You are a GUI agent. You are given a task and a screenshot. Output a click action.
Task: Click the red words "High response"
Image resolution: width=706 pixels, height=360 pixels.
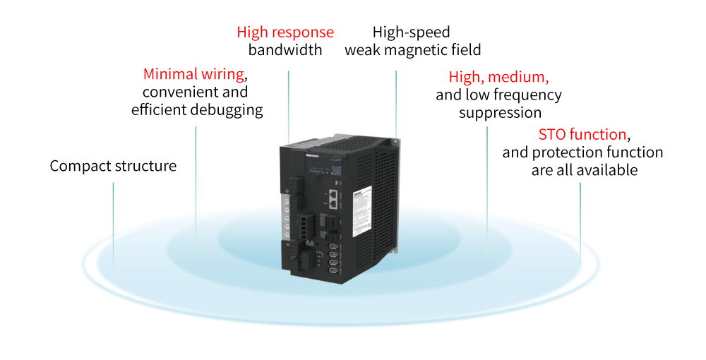click(285, 32)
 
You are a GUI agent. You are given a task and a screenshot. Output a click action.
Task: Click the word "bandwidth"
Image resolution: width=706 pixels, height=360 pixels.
click(285, 50)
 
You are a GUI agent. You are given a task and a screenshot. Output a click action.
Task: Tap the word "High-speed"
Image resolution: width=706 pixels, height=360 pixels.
click(412, 32)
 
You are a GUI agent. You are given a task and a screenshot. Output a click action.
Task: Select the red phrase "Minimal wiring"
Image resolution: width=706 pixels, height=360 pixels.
click(193, 74)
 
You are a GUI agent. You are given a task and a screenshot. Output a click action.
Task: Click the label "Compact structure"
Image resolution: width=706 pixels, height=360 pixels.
click(113, 166)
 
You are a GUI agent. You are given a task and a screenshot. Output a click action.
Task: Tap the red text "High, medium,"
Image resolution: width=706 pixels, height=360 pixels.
click(498, 77)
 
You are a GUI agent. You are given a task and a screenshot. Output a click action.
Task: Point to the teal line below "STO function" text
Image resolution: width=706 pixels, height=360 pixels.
click(580, 212)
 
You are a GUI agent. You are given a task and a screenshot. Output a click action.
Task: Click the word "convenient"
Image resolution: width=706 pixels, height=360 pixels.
click(196, 92)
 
